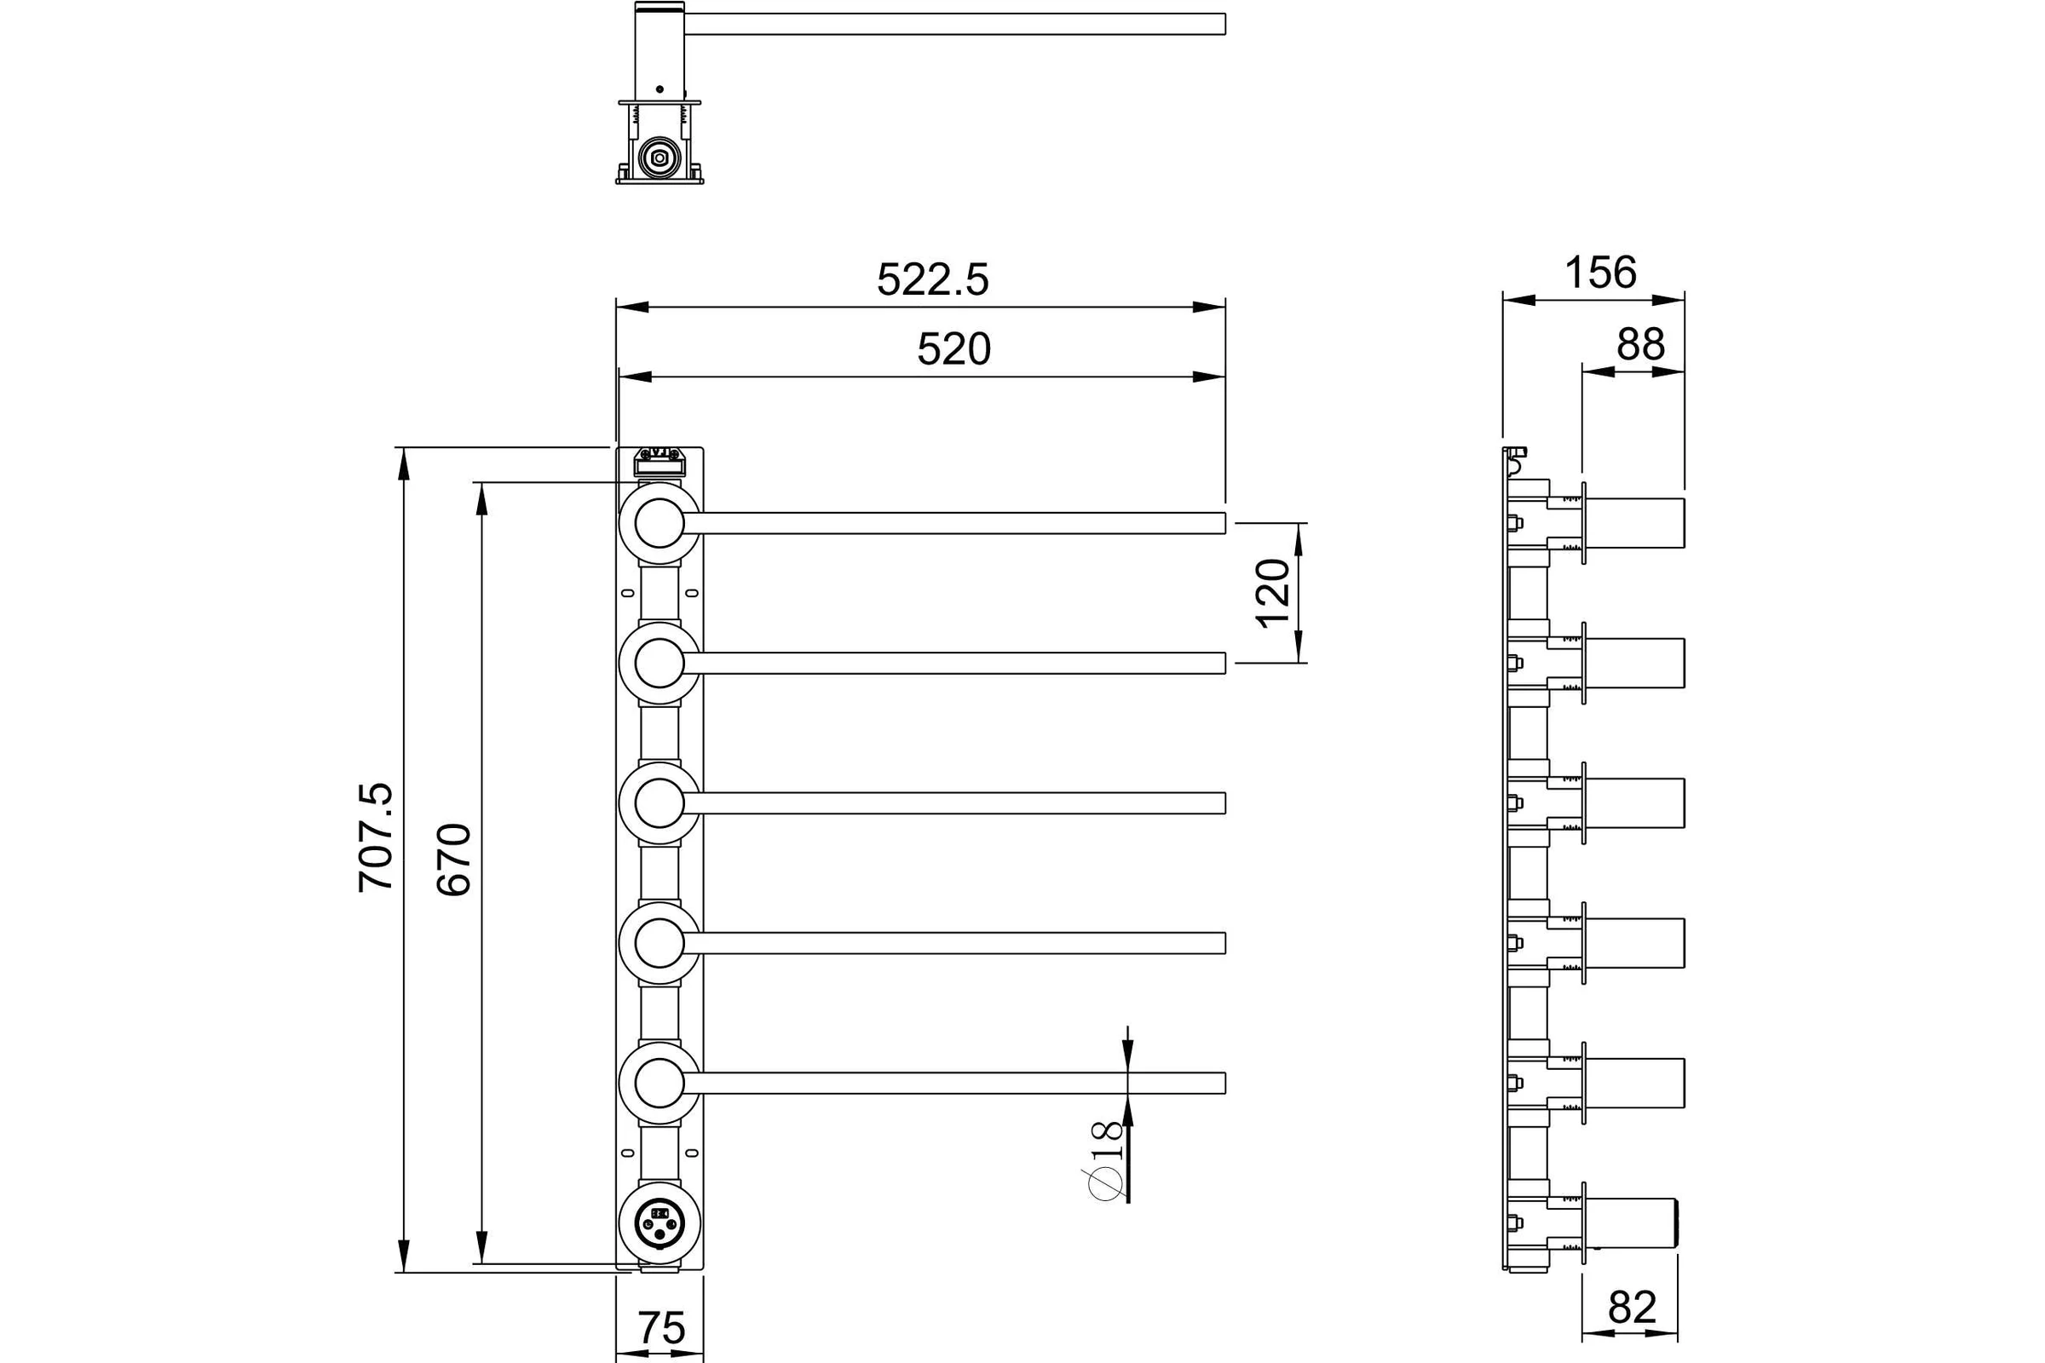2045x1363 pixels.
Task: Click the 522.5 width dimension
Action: click(932, 280)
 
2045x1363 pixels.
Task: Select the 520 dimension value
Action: click(953, 349)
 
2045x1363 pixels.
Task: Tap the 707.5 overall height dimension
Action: click(377, 838)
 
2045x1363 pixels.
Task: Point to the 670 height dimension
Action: click(454, 860)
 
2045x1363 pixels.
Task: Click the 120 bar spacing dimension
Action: click(1273, 594)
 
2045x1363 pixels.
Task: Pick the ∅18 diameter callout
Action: click(1106, 1161)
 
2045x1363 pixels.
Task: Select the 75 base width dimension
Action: click(662, 1328)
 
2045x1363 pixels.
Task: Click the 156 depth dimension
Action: click(1600, 273)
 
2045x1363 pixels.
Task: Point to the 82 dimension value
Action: click(1632, 1331)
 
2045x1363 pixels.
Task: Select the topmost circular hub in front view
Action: click(659, 523)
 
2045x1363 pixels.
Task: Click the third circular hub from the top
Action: click(659, 803)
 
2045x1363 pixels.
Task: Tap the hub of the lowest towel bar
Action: click(659, 1083)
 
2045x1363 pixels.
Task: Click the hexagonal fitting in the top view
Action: click(659, 158)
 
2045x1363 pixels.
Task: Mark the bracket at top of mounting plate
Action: click(660, 462)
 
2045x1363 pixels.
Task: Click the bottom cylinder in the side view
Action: click(1631, 1223)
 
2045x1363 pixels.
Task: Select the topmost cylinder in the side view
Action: click(1635, 523)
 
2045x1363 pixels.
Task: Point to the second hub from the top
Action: click(659, 664)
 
